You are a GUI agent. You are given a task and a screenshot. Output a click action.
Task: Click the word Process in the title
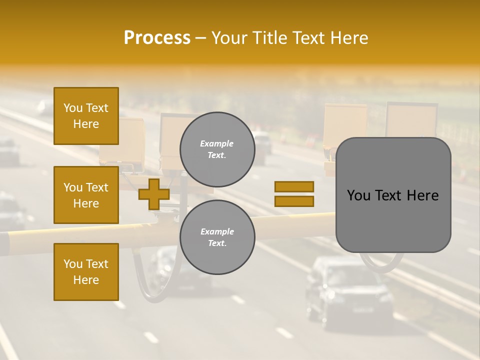tap(157, 38)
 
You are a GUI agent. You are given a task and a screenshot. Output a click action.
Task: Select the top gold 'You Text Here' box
tap(86, 116)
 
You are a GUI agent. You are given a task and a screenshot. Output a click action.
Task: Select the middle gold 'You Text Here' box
tap(86, 195)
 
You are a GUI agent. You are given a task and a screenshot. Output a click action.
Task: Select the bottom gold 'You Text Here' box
tap(86, 272)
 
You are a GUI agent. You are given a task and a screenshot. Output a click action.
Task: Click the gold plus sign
tap(153, 194)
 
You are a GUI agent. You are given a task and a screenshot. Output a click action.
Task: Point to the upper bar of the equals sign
tap(294, 186)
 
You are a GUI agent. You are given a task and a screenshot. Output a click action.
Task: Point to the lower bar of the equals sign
tap(294, 201)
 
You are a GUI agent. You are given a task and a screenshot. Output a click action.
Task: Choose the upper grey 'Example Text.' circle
tap(217, 149)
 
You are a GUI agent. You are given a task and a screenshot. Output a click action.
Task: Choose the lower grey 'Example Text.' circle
tap(217, 237)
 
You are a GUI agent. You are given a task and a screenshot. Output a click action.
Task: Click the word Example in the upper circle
tap(217, 143)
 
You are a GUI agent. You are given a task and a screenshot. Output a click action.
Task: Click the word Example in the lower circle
tap(217, 231)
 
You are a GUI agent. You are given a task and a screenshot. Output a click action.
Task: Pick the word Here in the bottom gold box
tap(86, 280)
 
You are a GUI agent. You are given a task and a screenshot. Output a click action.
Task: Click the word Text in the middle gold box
tap(96, 187)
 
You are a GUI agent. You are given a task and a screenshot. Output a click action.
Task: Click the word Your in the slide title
tap(230, 38)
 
